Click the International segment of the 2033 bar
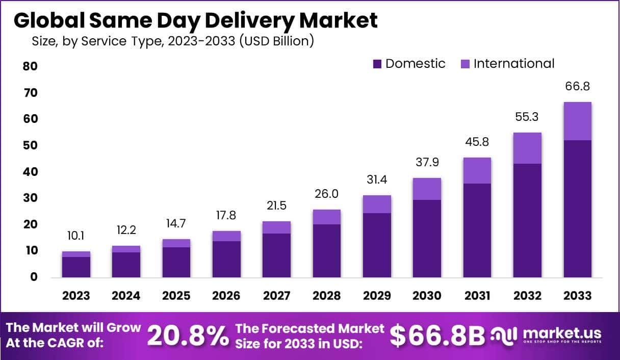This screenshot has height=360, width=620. pyautogui.click(x=577, y=121)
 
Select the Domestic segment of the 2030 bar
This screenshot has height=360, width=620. pyautogui.click(x=427, y=238)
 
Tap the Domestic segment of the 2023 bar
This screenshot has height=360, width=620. pyautogui.click(x=76, y=267)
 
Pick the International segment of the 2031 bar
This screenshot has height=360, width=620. pyautogui.click(x=477, y=170)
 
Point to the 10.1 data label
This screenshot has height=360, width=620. pyautogui.click(x=76, y=236)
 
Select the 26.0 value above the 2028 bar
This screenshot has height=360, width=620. pyautogui.click(x=326, y=194)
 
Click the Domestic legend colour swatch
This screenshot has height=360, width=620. pyautogui.click(x=377, y=64)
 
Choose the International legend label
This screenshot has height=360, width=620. pyautogui.click(x=513, y=64)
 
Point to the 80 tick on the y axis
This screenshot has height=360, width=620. pyautogui.click(x=30, y=67)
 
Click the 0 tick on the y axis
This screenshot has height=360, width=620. pyautogui.click(x=34, y=277)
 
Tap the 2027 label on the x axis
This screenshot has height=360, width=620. pyautogui.click(x=276, y=296)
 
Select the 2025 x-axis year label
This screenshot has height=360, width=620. pyautogui.click(x=176, y=296)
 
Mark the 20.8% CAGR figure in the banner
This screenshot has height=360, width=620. pyautogui.click(x=188, y=336)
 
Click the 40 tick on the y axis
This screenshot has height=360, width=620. pyautogui.click(x=30, y=172)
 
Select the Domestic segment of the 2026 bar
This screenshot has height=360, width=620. pyautogui.click(x=226, y=259)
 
